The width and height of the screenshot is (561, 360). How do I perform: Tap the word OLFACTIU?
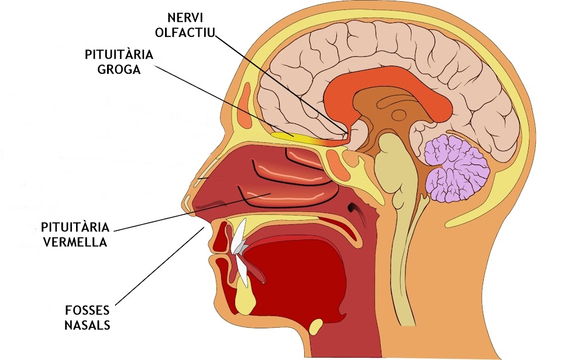(185, 32)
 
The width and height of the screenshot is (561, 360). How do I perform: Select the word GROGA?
(119, 69)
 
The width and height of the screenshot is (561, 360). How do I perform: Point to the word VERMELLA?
(75, 242)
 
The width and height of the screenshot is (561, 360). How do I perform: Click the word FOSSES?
(87, 310)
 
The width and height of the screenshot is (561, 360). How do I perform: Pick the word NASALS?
(87, 325)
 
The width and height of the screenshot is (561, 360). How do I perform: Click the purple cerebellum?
(456, 168)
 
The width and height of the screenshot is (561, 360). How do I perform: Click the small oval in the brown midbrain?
(398, 115)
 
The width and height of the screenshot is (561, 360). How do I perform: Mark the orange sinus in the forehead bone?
(246, 105)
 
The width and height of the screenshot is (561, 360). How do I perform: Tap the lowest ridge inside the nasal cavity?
(286, 197)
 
